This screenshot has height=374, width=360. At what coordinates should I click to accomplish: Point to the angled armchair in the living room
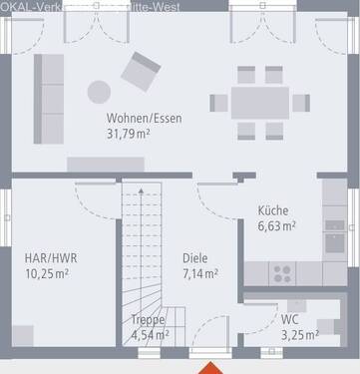point(141,72)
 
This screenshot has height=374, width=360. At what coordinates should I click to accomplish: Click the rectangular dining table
point(258,102)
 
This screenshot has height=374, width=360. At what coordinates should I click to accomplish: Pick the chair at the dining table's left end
point(218,102)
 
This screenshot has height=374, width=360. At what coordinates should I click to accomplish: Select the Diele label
point(194,257)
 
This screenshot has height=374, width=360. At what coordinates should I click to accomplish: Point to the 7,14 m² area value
point(194,272)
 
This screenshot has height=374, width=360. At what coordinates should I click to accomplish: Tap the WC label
point(289,319)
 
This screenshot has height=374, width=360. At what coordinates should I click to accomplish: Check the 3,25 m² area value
point(296,334)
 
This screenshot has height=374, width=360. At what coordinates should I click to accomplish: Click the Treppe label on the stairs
point(148,319)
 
